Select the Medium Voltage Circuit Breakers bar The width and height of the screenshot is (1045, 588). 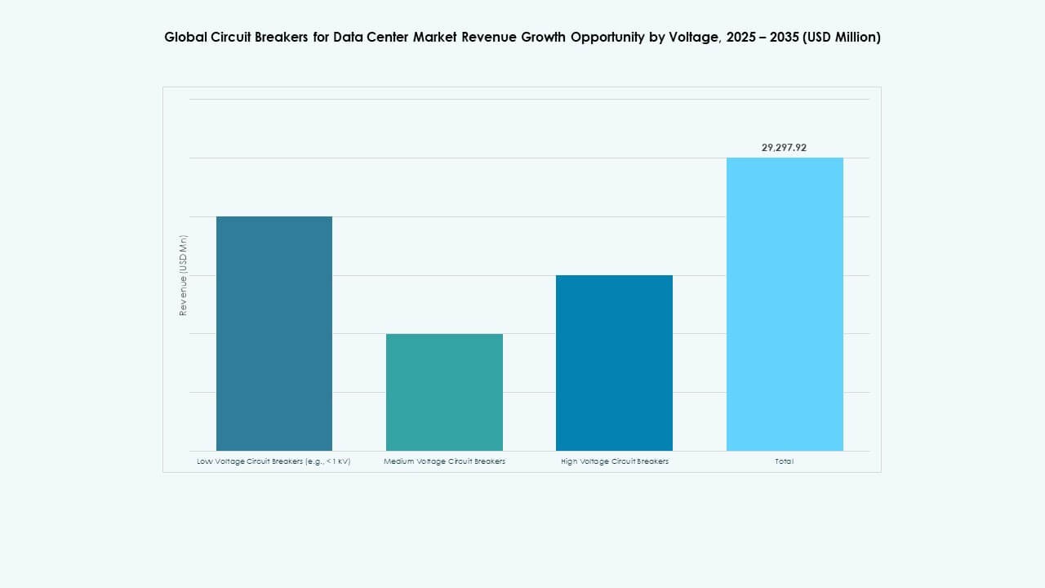click(x=444, y=392)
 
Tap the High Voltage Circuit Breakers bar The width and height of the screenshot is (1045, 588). click(x=614, y=363)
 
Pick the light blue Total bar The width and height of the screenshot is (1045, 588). click(x=785, y=304)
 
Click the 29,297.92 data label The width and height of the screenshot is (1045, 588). click(x=784, y=148)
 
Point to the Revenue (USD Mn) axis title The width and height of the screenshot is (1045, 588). click(x=184, y=275)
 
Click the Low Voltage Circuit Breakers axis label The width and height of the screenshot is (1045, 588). click(x=273, y=461)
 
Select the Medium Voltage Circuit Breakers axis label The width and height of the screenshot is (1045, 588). click(x=444, y=461)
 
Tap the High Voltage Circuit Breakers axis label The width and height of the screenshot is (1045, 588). click(x=614, y=461)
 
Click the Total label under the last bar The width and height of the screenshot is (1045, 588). click(x=784, y=461)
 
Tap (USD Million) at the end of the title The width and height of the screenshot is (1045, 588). click(x=842, y=37)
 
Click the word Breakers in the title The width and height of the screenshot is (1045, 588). click(x=280, y=37)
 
